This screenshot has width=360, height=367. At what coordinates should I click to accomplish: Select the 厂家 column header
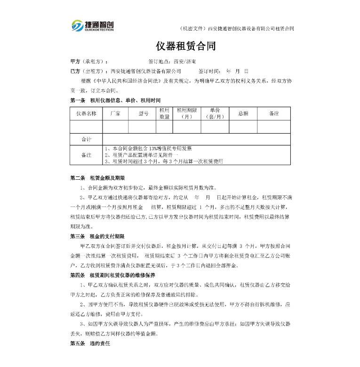pyautogui.click(x=115, y=113)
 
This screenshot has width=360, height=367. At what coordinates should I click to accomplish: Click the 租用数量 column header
pyautogui.click(x=164, y=113)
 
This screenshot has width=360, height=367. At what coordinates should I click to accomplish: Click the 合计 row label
pyautogui.click(x=86, y=139)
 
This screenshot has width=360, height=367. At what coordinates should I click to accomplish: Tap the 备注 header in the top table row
pyautogui.click(x=273, y=113)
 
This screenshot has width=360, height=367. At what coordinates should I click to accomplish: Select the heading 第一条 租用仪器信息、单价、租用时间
pyautogui.click(x=115, y=100)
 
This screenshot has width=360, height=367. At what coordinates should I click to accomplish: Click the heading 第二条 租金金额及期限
pyautogui.click(x=97, y=178)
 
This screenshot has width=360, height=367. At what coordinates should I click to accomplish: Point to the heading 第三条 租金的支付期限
pyautogui.click(x=97, y=236)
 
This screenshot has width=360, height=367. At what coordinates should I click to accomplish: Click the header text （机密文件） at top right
pyautogui.click(x=193, y=28)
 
